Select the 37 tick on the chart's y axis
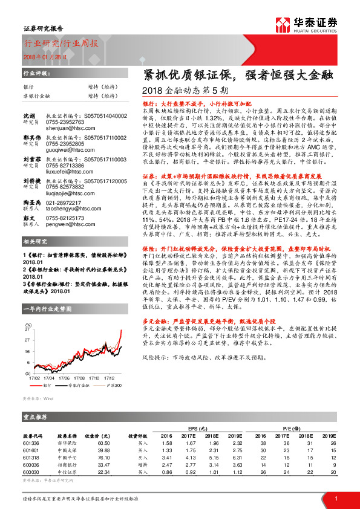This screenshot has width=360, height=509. pos(27,332)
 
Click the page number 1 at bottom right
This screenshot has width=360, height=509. pos(336,498)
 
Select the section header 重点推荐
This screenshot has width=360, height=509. pos(36,417)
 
